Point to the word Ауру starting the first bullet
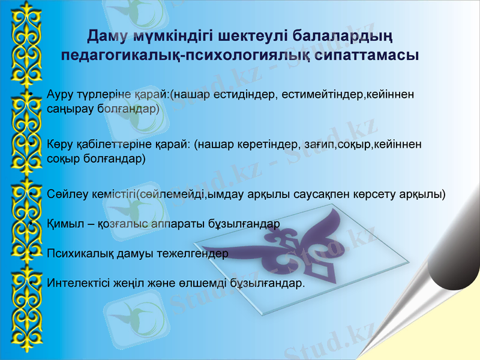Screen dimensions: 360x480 tap(60, 95)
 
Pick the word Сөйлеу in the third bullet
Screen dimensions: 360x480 tap(64, 194)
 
